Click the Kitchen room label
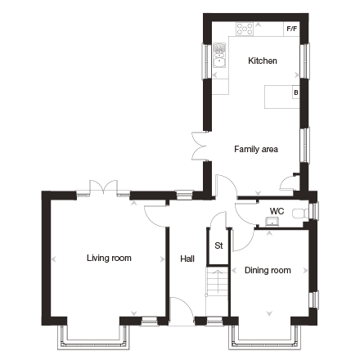point(263,61)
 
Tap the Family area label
point(256,149)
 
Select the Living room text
point(109,258)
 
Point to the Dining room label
point(268,270)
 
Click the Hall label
point(187,259)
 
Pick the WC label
point(277,211)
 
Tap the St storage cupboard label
point(218,245)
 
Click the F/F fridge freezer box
point(292,29)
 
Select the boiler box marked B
point(296,92)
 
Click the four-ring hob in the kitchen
point(245,29)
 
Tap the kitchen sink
point(219,55)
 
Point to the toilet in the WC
point(300,214)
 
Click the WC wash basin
point(272,222)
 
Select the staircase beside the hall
point(217,282)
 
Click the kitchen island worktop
point(282,97)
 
